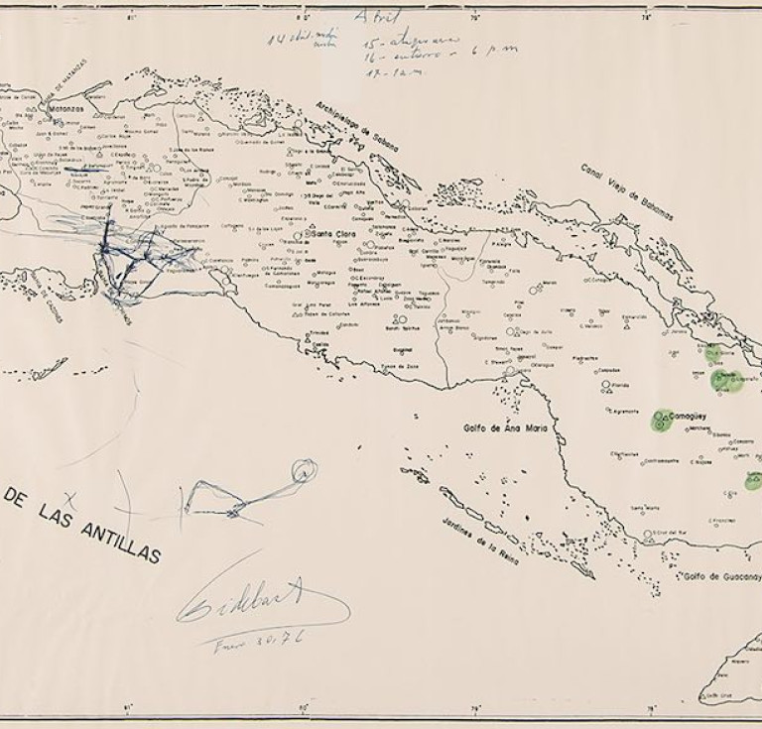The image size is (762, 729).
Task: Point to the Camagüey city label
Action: click(x=687, y=418)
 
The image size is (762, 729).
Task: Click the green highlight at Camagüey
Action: click(x=660, y=421)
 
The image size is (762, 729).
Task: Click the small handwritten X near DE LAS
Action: click(x=68, y=495)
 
